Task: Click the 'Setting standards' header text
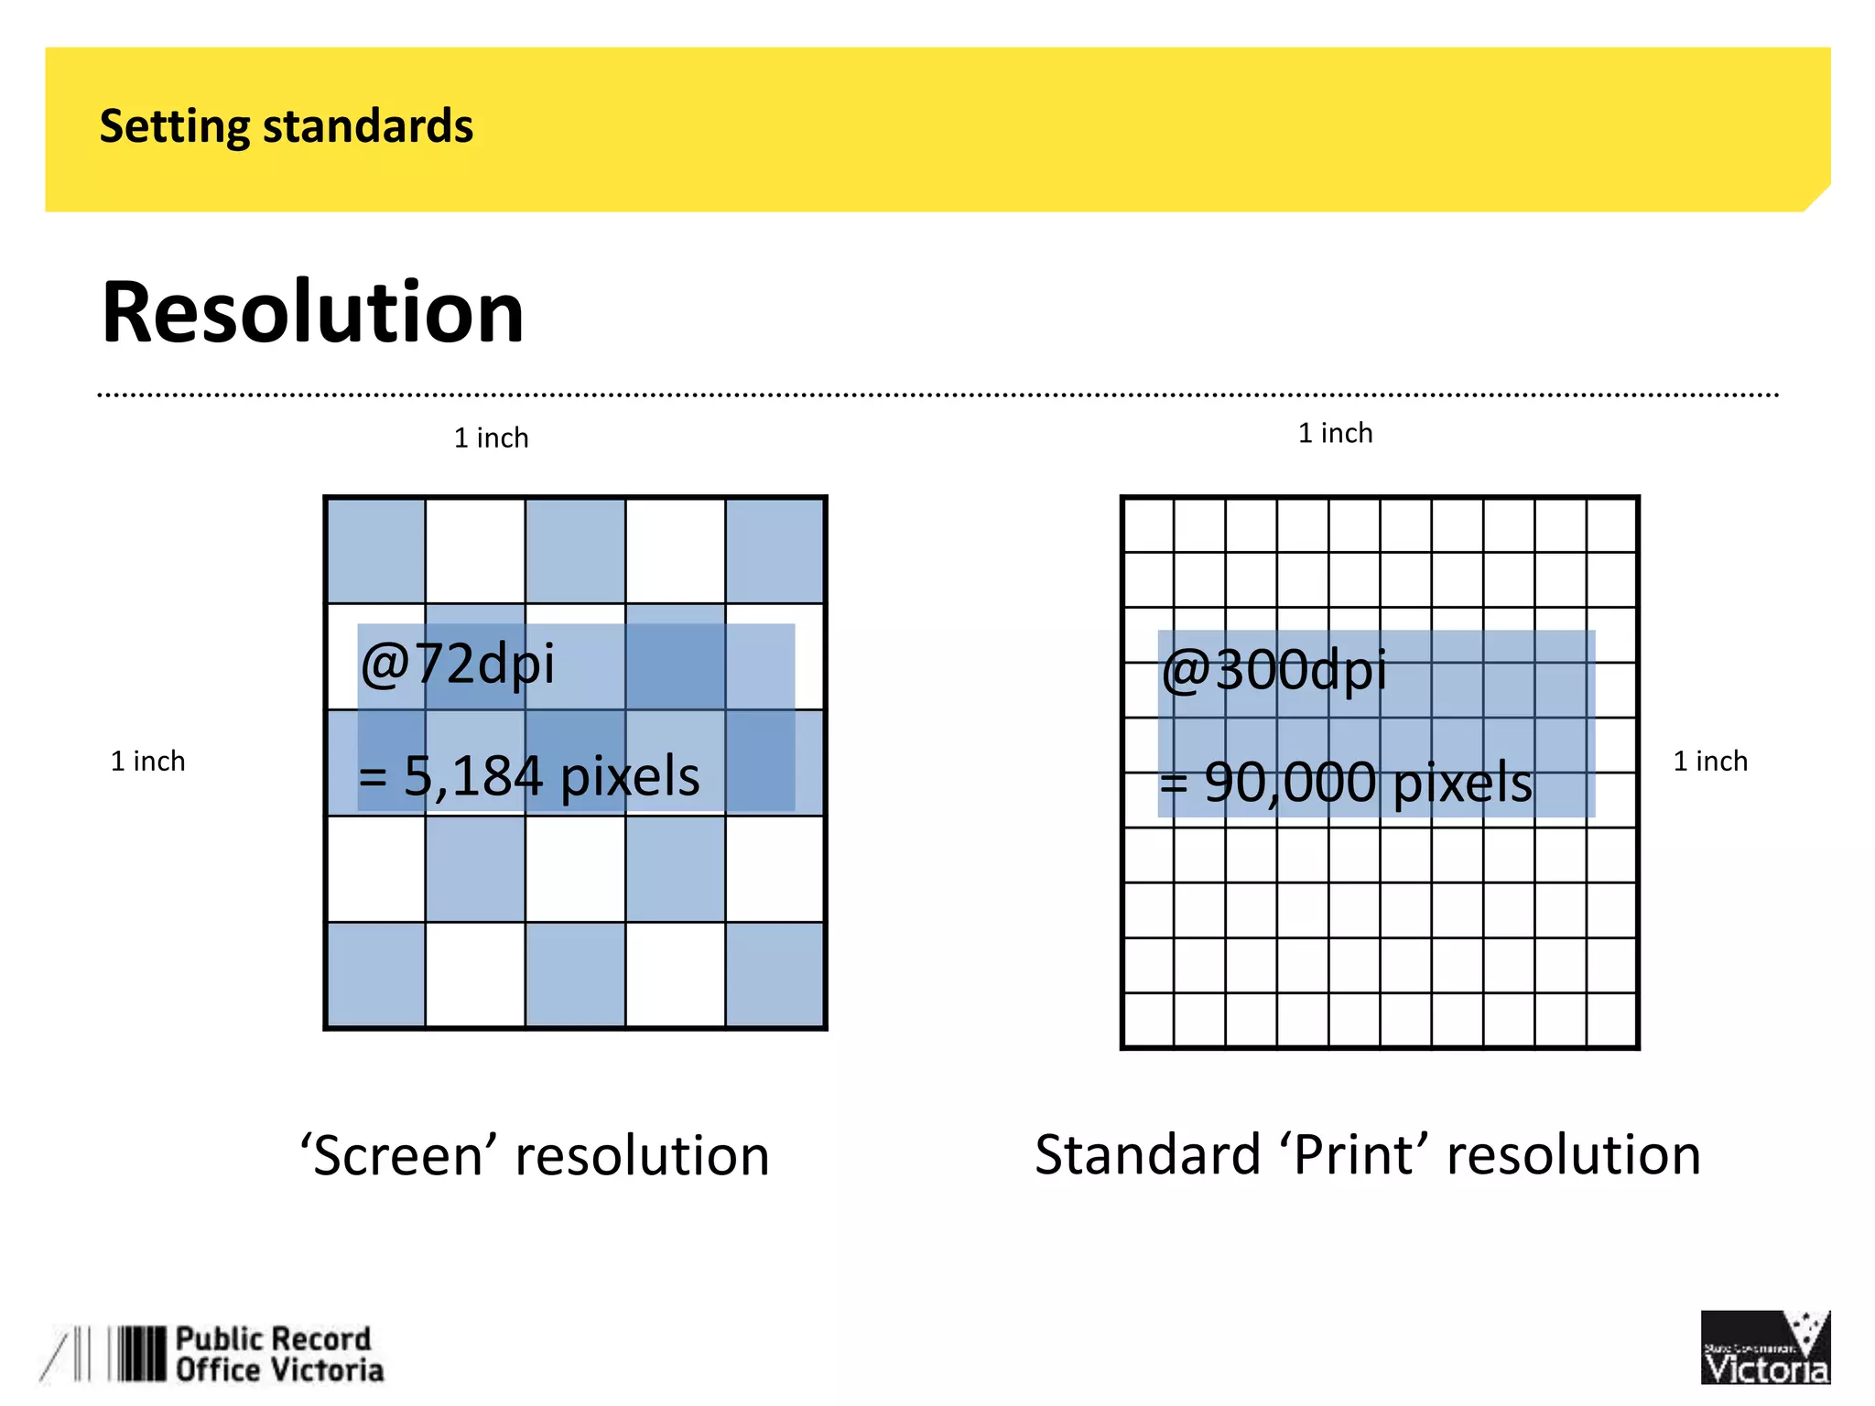286,126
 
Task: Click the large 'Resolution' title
312,312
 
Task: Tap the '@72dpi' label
458,664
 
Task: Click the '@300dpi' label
1273,670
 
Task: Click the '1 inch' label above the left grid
491,438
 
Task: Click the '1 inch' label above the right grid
1335,433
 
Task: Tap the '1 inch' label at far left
147,762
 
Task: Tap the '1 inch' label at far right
1709,762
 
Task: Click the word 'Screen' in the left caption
398,1155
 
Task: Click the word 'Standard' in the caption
1148,1154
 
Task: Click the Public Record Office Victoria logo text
278,1355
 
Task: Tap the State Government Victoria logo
1764,1347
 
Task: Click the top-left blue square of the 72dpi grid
376,551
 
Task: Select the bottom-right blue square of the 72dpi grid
775,974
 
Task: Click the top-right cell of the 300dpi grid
1610,525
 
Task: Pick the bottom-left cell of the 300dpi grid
1149,1019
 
